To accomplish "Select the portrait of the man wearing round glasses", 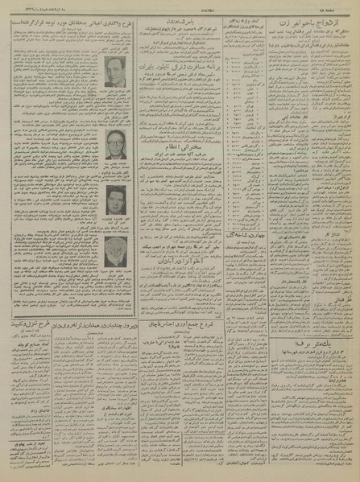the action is pyautogui.click(x=114, y=146).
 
